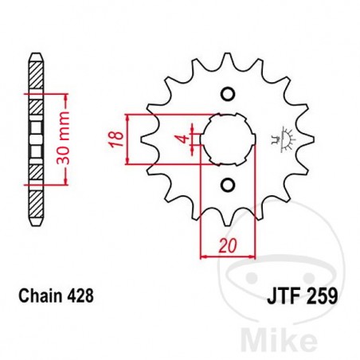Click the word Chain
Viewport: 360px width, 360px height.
coord(37,295)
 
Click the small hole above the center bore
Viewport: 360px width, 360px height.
coord(227,94)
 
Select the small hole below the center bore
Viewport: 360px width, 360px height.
coord(227,186)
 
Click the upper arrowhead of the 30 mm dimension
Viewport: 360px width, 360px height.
coord(67,94)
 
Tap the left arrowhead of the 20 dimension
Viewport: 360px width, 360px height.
coord(203,256)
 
